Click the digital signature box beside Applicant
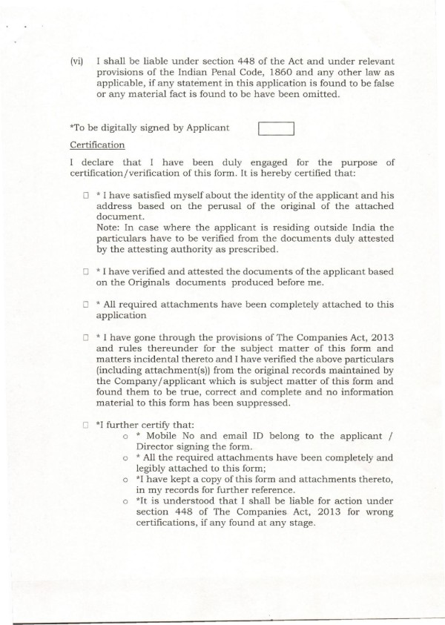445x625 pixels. tap(276, 129)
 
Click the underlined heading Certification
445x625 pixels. tap(97, 145)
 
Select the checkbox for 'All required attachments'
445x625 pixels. tap(87, 305)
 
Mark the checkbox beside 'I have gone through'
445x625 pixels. tap(87, 339)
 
